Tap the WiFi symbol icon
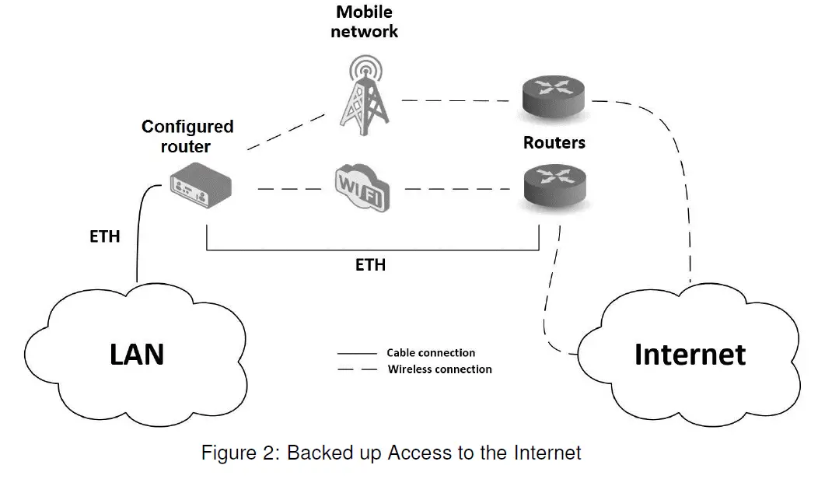tap(361, 188)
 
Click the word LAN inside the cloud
tap(136, 354)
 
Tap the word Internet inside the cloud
tap(690, 354)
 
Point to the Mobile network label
tap(364, 22)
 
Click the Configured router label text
tap(187, 135)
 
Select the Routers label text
tap(554, 143)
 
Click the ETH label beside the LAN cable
tap(105, 236)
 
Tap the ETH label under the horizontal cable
tap(370, 265)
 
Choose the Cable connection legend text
tap(431, 353)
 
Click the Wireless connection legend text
tap(439, 369)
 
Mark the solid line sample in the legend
tap(356, 354)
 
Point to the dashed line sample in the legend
tap(356, 370)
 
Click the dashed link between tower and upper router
tap(459, 100)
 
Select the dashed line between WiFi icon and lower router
tap(459, 189)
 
